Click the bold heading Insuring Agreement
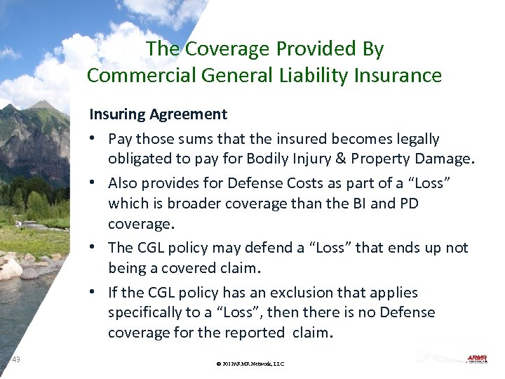coord(158,114)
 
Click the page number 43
coord(16,359)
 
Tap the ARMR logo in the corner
coord(476,359)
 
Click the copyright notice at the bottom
coord(250,364)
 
